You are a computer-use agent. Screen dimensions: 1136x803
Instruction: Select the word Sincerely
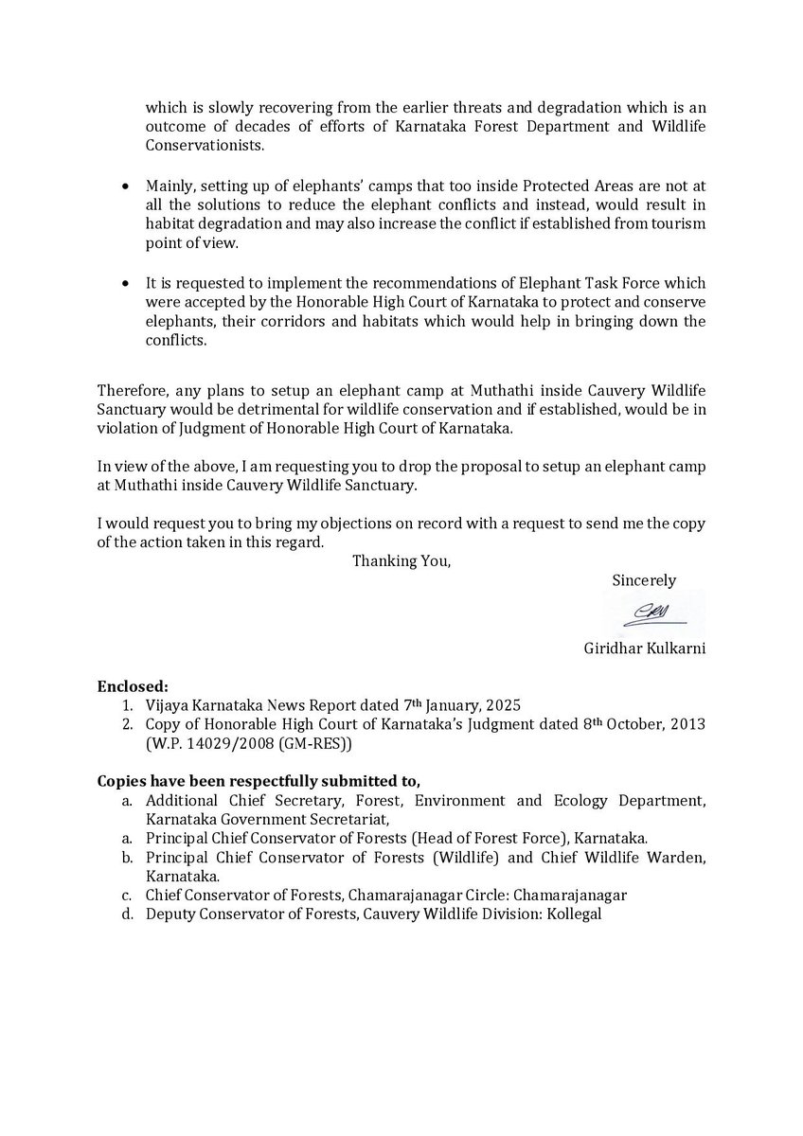tap(644, 580)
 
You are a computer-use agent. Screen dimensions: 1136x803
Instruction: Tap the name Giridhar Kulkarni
tap(645, 649)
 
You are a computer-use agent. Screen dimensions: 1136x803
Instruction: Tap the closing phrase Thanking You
tap(401, 560)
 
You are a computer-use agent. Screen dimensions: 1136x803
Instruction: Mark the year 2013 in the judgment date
tap(690, 724)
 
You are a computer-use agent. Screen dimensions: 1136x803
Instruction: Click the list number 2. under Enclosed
tap(127, 724)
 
